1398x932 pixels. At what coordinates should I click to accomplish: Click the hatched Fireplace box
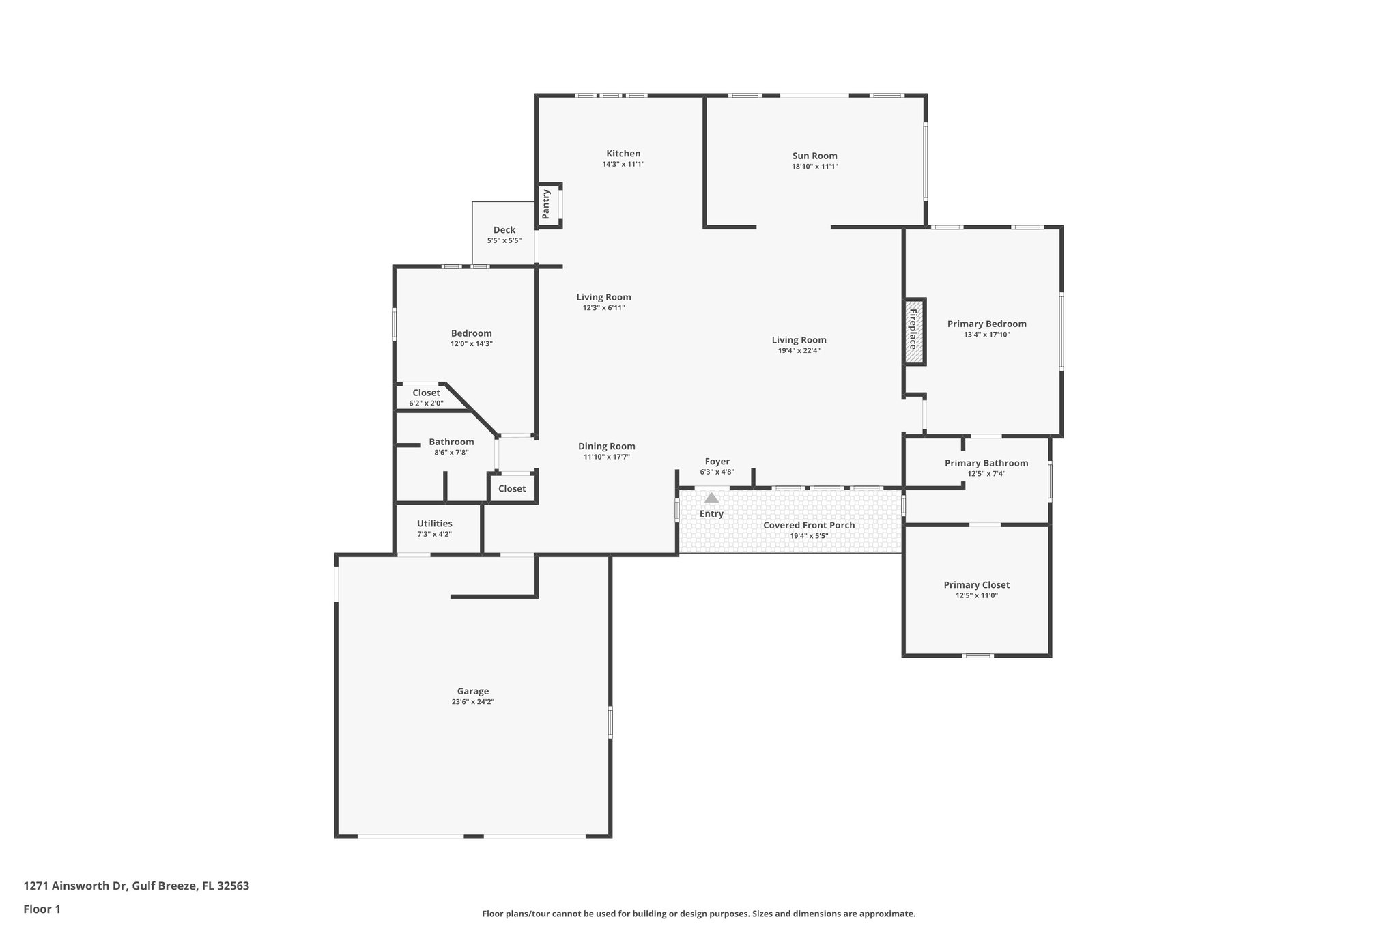point(914,331)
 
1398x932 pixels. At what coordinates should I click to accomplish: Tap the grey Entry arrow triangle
point(711,498)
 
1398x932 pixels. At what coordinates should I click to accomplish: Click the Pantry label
point(546,204)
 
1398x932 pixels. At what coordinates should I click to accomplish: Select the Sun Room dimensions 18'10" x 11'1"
point(814,167)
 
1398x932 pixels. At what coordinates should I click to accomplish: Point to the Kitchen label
point(623,154)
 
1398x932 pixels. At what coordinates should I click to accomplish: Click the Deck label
point(504,230)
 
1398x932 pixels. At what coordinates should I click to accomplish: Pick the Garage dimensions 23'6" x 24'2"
point(472,702)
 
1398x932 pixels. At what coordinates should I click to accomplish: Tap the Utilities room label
point(434,524)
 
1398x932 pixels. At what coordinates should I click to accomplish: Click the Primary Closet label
point(976,585)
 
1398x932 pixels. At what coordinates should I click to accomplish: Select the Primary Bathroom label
point(986,463)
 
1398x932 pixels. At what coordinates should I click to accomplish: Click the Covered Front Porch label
point(808,525)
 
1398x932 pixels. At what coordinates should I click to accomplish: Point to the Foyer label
point(717,462)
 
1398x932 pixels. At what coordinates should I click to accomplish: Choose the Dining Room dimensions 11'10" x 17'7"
point(606,457)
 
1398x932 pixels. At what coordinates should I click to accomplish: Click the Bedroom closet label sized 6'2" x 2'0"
point(426,393)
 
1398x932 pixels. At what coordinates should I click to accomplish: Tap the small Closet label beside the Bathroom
point(511,488)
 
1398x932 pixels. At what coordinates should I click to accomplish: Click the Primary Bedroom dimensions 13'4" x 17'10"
point(986,335)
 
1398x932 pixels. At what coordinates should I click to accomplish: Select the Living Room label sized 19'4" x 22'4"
point(799,340)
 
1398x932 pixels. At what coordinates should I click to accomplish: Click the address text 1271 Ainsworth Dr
point(76,886)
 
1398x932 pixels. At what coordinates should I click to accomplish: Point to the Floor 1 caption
point(42,909)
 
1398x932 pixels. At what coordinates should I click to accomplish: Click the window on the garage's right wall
point(610,722)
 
